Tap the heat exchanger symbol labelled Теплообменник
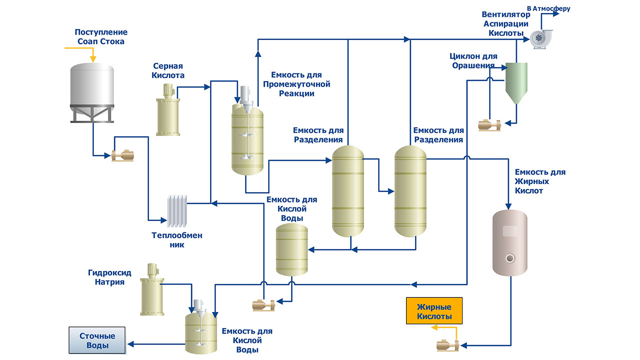click(x=176, y=210)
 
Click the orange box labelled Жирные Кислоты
click(x=434, y=311)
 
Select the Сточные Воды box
click(x=97, y=340)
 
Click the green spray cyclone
click(x=516, y=82)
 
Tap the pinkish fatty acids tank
click(x=510, y=242)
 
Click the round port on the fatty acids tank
click(x=510, y=258)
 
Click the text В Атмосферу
click(x=548, y=8)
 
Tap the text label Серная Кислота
click(x=168, y=70)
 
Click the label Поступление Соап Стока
click(x=101, y=36)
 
